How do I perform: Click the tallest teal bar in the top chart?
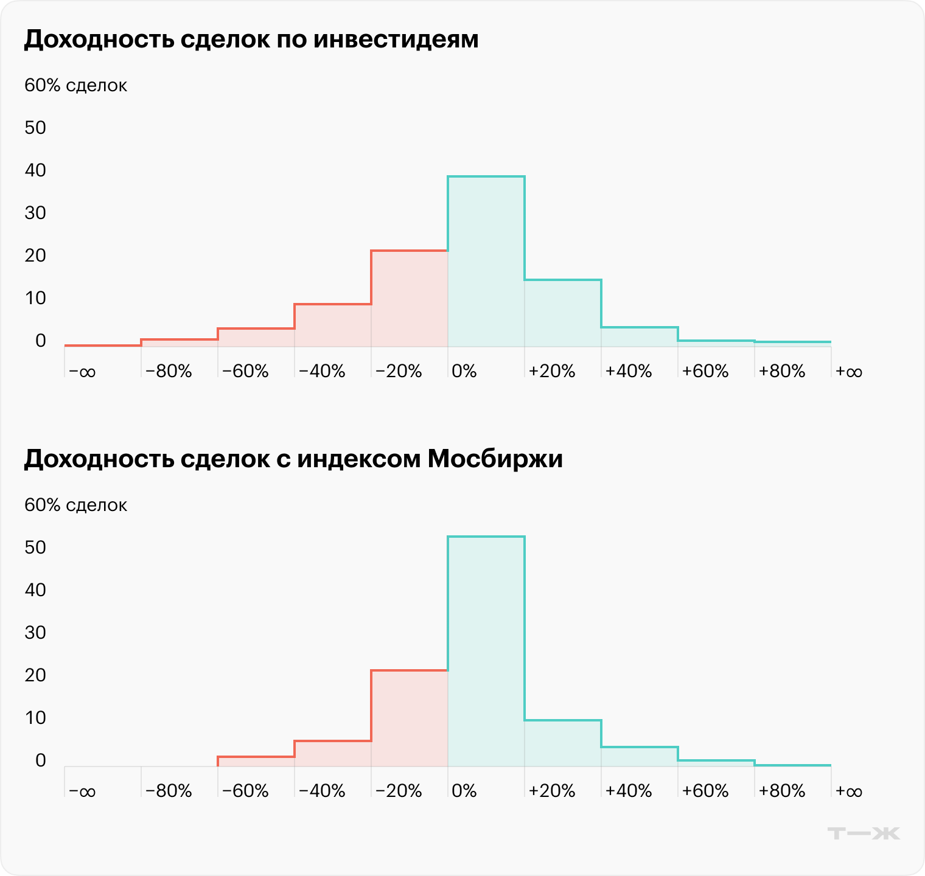coord(486,262)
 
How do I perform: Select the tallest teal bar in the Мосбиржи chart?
coord(486,651)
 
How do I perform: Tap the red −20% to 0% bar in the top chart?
coord(410,298)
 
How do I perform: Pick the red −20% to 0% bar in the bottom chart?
coord(410,718)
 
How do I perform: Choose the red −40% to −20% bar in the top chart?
coord(333,325)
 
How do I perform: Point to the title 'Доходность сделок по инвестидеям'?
coord(251,40)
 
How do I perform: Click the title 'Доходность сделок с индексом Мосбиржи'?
coord(293,459)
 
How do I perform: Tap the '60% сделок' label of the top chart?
coord(75,86)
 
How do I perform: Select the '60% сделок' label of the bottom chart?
coord(75,506)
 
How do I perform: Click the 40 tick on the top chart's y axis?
coord(36,170)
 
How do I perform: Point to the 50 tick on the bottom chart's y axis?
coord(36,547)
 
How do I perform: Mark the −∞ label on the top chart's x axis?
coord(82,371)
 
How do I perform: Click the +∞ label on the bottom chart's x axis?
coord(849,791)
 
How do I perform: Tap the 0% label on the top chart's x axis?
coord(464,371)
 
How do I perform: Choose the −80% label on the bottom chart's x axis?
coord(169,791)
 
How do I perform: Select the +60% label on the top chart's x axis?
coord(705,371)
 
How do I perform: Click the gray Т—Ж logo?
coord(864,833)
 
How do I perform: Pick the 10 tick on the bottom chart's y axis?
coord(36,718)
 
